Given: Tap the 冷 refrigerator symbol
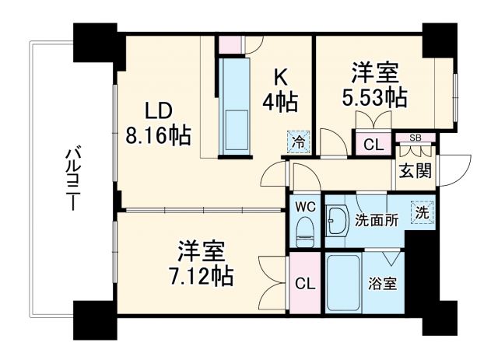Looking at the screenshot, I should point(298,142).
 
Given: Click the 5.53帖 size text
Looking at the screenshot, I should point(375,98).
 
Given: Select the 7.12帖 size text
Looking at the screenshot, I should point(203,274).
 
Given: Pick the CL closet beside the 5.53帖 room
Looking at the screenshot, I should point(373,144).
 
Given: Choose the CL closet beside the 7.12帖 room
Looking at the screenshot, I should point(305,283).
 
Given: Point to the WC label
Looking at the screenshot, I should point(305,207).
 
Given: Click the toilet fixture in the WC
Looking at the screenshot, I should point(305,228).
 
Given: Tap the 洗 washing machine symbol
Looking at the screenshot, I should point(420,211).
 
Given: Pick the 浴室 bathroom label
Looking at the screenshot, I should point(383,283).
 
